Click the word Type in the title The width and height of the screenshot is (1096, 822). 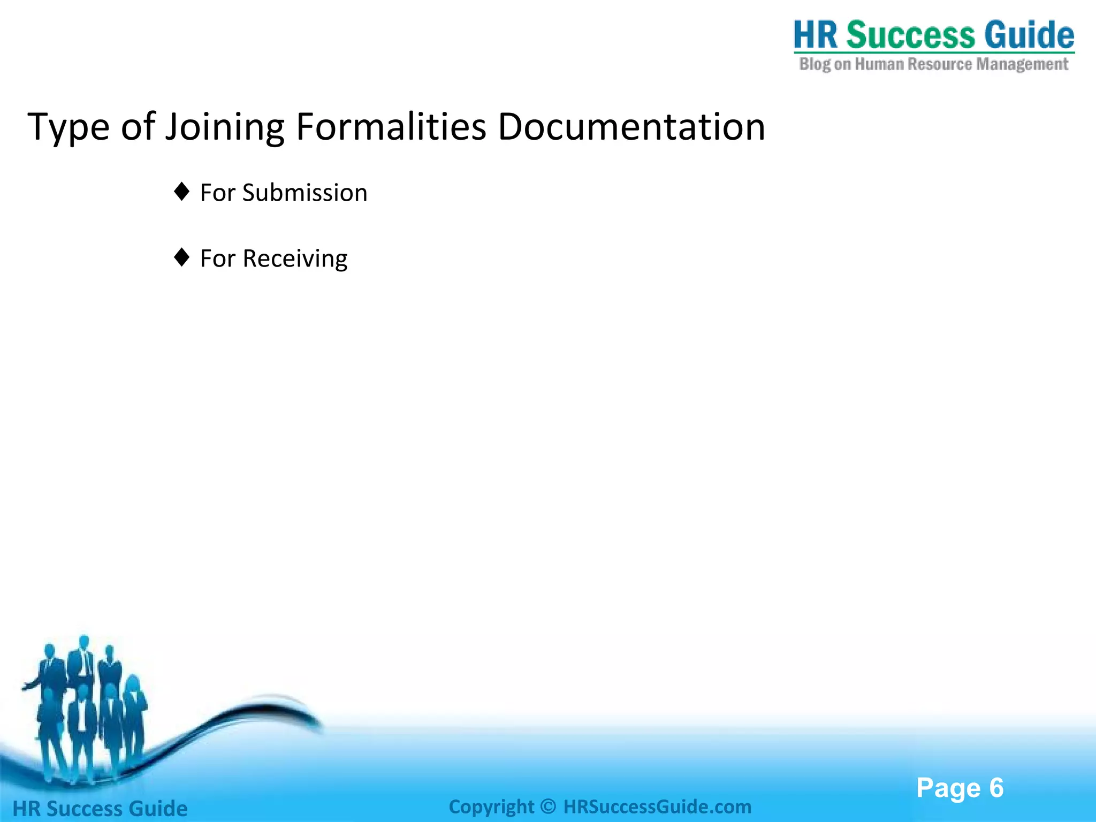[x=68, y=127]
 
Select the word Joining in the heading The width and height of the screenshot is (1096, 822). [x=224, y=127]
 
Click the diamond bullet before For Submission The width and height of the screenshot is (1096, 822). [x=182, y=192]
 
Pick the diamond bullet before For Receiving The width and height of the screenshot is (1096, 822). [x=182, y=257]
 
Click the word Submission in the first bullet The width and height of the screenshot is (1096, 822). [x=305, y=193]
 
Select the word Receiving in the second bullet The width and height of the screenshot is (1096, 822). [x=295, y=259]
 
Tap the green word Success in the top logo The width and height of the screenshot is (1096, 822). [x=910, y=35]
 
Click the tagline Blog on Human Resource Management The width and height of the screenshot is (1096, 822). [x=933, y=65]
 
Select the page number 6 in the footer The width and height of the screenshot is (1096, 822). [x=996, y=788]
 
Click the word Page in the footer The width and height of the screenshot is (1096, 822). [x=948, y=788]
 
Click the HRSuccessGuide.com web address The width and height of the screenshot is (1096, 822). [x=657, y=806]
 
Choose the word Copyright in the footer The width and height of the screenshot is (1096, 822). [x=491, y=806]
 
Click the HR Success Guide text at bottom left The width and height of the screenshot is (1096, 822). [x=100, y=809]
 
